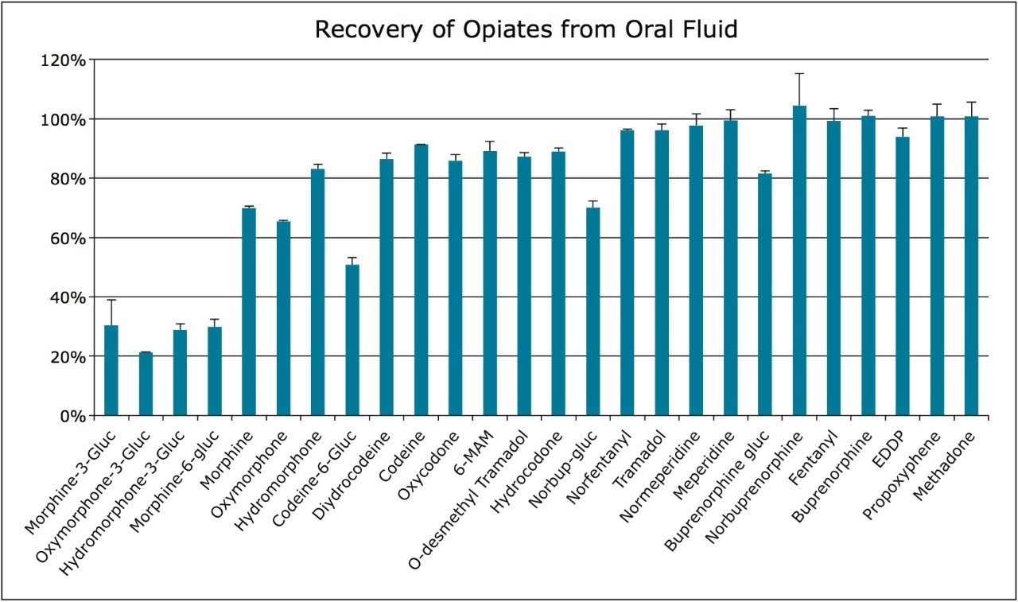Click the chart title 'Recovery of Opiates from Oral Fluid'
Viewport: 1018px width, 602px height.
[x=526, y=29]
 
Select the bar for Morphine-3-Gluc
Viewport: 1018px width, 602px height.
[x=111, y=371]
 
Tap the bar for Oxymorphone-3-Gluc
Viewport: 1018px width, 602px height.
[x=146, y=383]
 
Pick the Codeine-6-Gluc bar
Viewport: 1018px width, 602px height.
[x=352, y=340]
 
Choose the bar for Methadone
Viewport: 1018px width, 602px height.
[x=971, y=266]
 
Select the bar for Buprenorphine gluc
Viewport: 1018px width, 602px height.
[x=764, y=294]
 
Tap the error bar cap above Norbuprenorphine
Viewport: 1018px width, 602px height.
[x=799, y=74]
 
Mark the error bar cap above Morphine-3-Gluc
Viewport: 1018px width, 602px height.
[x=111, y=300]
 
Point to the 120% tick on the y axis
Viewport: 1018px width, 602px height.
[x=68, y=60]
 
